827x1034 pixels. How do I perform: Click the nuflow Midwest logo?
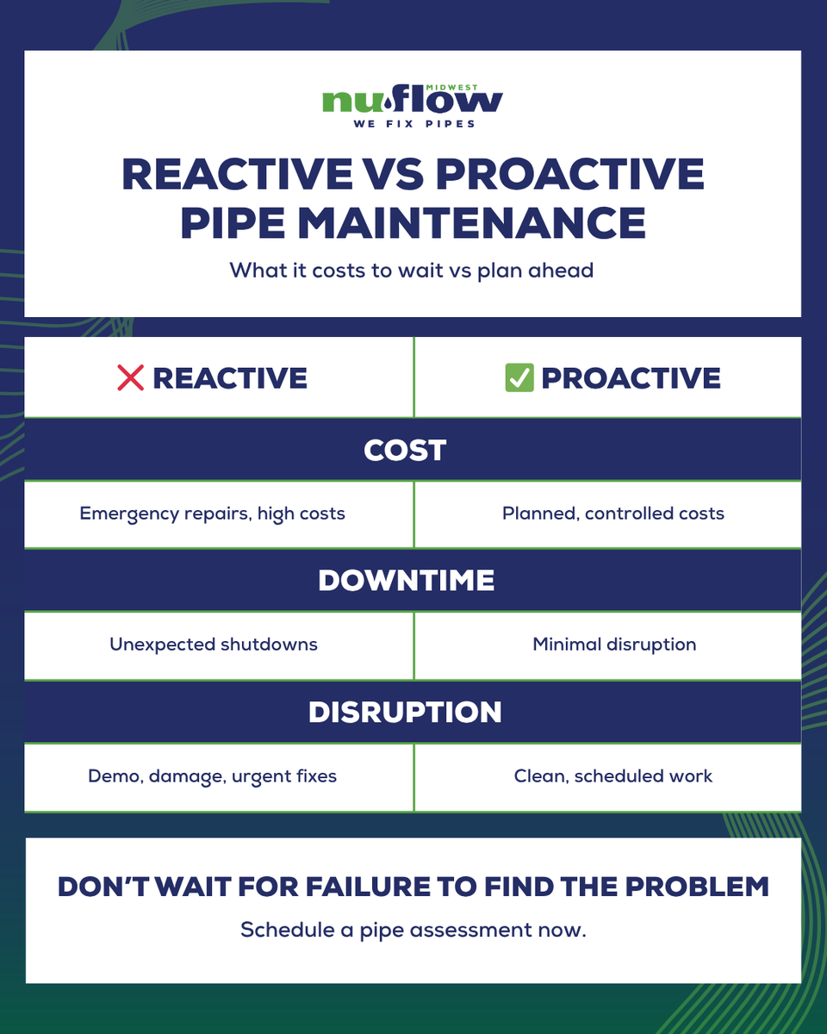(413, 103)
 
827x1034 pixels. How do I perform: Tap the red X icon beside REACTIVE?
(129, 377)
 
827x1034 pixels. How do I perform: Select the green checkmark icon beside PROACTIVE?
(519, 377)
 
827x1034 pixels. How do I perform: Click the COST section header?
(405, 450)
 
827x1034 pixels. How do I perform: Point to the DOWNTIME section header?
(407, 581)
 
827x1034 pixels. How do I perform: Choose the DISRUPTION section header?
(405, 712)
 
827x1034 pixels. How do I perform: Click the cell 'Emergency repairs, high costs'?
(212, 514)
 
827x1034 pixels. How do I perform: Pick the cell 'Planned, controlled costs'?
(613, 514)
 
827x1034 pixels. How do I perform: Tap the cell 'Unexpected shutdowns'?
(214, 645)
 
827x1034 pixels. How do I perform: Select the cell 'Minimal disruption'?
(614, 645)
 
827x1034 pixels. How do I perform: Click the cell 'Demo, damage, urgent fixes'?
(212, 776)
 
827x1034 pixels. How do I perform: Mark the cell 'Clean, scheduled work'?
(613, 776)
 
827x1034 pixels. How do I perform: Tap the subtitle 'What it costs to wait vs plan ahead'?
(412, 270)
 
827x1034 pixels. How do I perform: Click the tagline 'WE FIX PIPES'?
(414, 124)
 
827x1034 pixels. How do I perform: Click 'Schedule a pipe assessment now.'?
(413, 931)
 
